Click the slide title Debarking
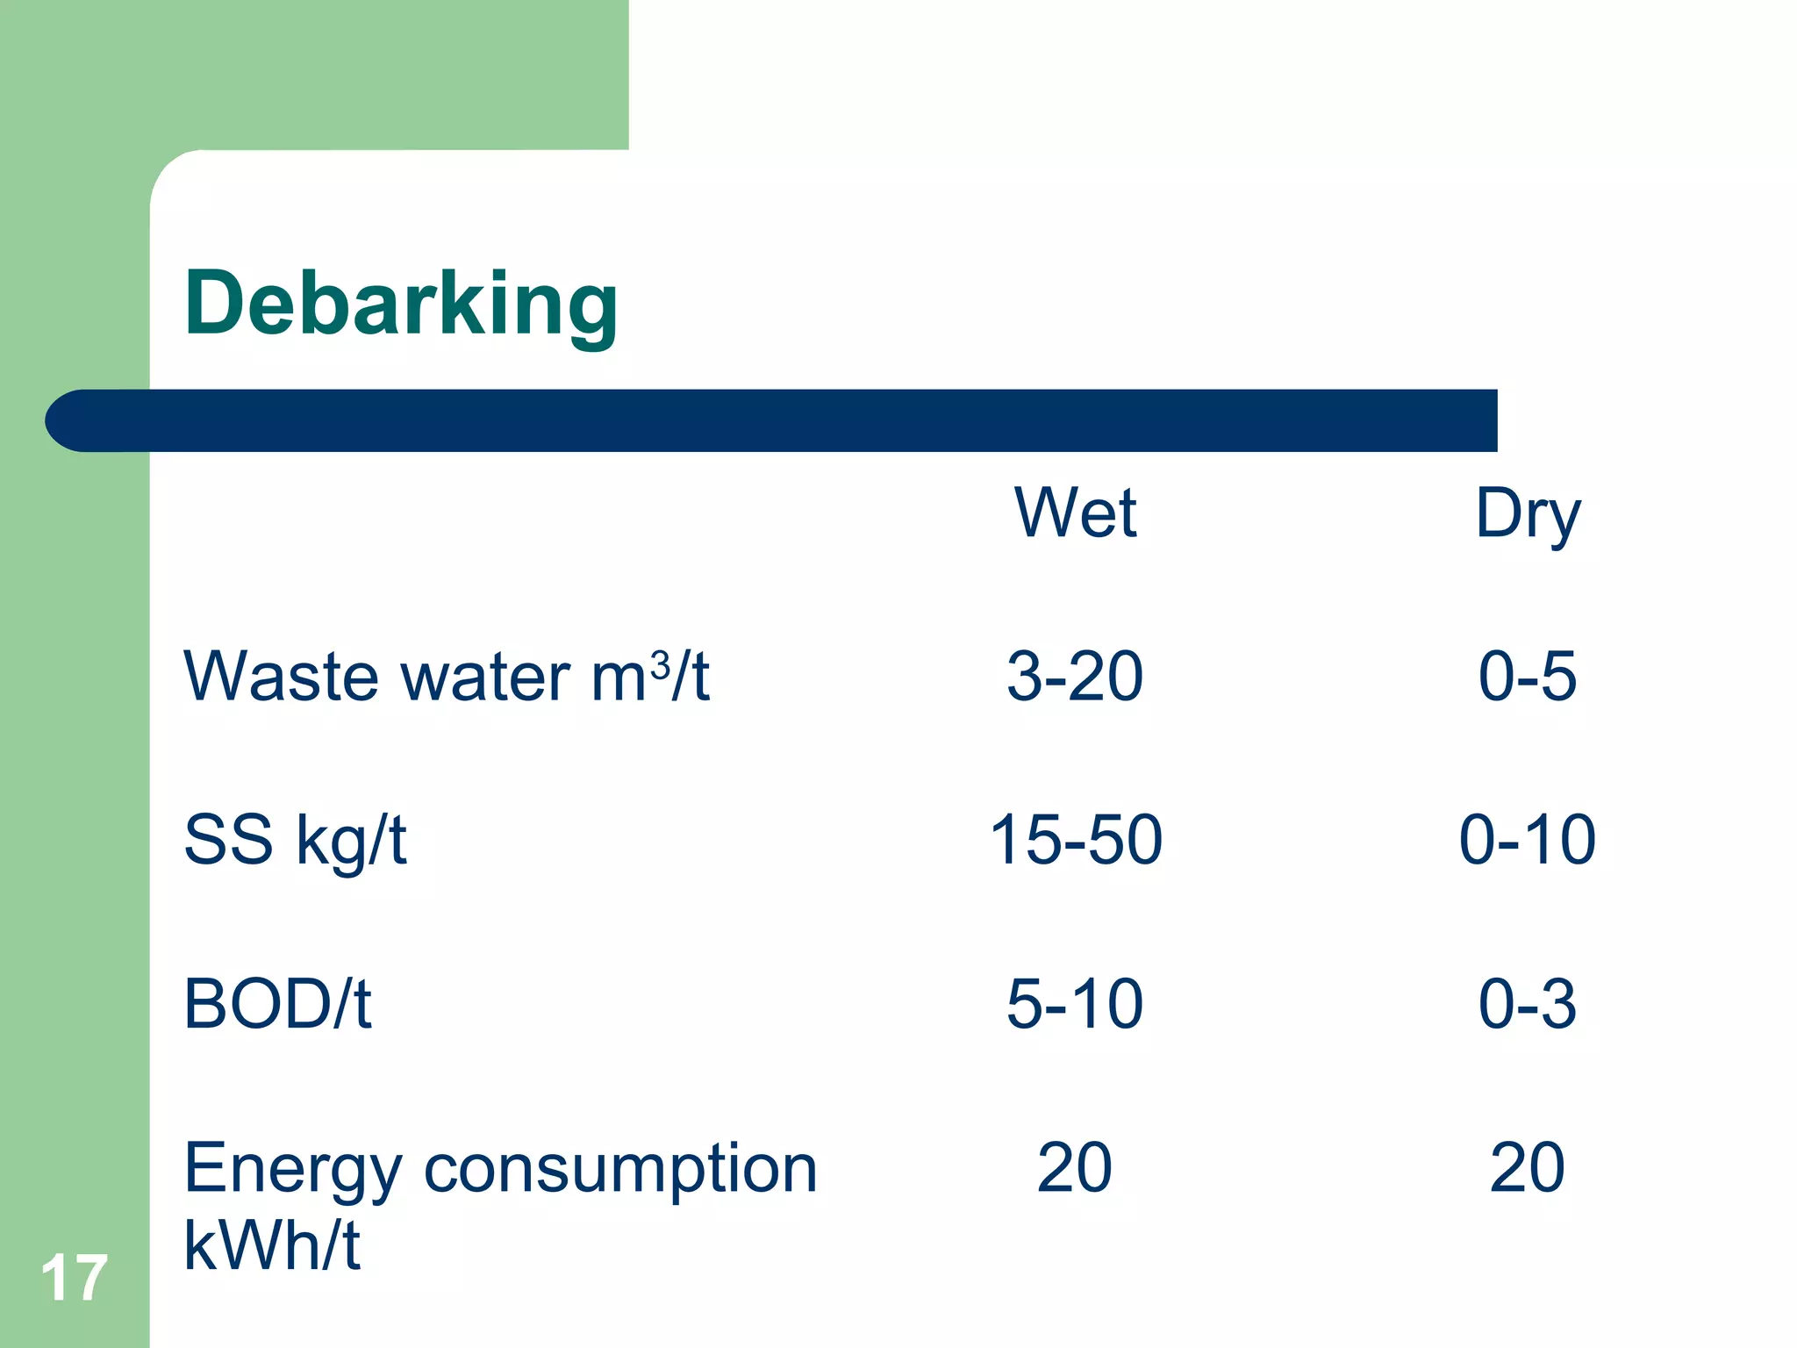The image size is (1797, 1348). pos(401,305)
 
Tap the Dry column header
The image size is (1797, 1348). pos(1528,514)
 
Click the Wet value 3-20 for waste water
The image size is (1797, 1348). pos(1075,677)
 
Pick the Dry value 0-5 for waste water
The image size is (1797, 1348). pos(1528,677)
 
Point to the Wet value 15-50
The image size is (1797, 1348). pos(1076,840)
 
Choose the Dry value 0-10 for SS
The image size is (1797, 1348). pos(1528,840)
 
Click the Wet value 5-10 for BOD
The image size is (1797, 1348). pos(1075,1004)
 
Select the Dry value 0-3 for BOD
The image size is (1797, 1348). pos(1528,1004)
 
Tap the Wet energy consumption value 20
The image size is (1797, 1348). pos(1075,1168)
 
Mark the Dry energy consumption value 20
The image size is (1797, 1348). pos(1528,1168)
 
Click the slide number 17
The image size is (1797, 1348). pos(74,1278)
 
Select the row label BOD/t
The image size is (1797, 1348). pos(277,1004)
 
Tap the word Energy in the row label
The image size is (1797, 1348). pos(293,1171)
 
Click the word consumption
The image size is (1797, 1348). pos(620,1171)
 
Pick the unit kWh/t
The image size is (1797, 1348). pos(272,1245)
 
